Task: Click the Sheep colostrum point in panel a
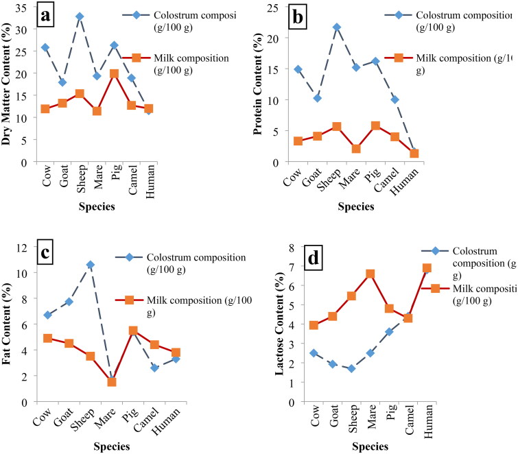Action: tap(80, 16)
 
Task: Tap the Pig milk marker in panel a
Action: tap(115, 74)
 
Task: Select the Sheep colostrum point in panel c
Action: tap(91, 265)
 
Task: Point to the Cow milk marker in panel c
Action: tap(47, 338)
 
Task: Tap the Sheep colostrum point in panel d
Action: tap(351, 368)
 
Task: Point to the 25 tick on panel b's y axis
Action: tap(272, 8)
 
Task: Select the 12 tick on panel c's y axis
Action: tap(24, 248)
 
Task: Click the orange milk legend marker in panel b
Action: tap(398, 58)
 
